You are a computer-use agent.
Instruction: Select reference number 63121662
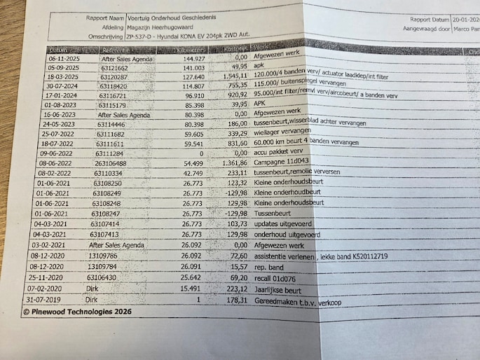click(114, 69)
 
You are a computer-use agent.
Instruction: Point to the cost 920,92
click(237, 94)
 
